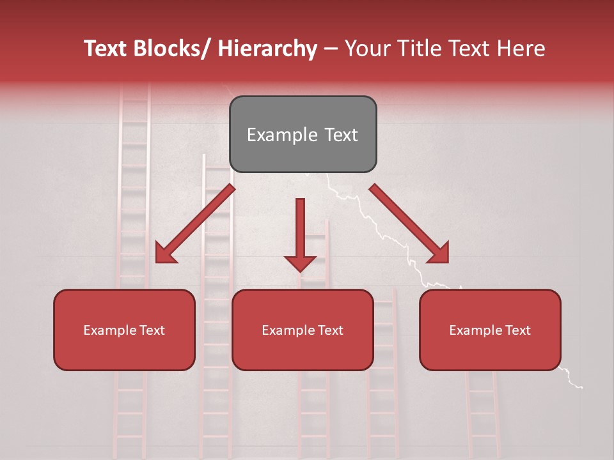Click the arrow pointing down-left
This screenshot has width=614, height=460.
click(x=195, y=224)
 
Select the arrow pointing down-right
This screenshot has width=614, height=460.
click(x=409, y=224)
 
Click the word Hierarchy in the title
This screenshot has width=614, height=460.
click(x=267, y=49)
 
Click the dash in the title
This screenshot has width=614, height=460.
click(x=331, y=49)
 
